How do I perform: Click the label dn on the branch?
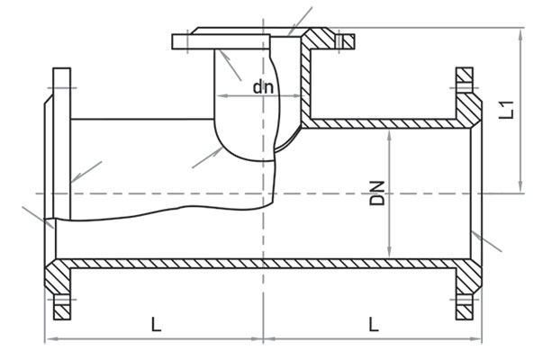263,87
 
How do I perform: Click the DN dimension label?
377,193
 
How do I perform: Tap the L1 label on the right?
506,110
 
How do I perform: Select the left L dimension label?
156,324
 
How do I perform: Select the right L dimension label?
374,324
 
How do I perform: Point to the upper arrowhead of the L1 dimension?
520,35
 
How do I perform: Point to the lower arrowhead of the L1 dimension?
520,187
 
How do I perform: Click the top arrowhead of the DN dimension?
390,135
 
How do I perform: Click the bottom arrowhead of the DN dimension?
390,253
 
